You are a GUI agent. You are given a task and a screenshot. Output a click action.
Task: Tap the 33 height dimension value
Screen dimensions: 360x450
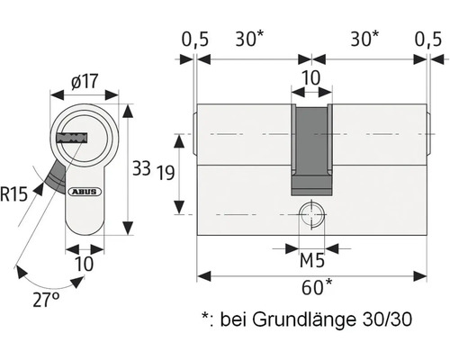141,168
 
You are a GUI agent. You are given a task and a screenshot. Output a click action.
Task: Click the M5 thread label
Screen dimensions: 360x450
311,262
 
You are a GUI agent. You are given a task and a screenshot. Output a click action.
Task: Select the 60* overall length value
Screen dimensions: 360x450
312,288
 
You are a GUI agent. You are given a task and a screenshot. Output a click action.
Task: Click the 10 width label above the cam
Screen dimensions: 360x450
310,78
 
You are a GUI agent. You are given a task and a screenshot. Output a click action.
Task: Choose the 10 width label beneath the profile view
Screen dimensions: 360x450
84,264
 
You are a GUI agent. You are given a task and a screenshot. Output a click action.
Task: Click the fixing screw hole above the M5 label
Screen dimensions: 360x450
311,215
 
